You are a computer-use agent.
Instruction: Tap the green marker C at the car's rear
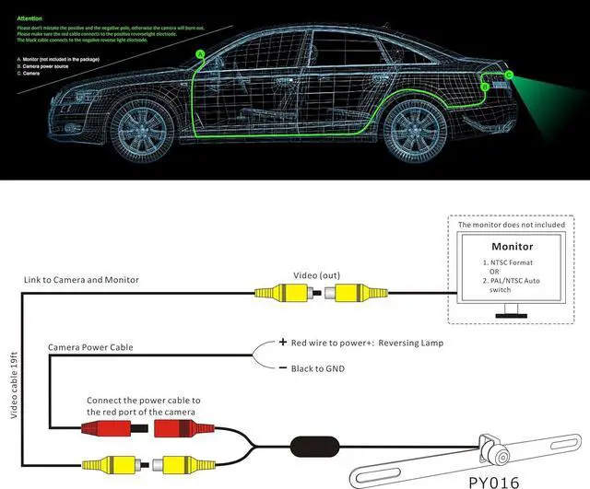(508, 74)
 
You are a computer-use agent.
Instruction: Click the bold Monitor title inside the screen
(512, 247)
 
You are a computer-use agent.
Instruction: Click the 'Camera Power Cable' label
(90, 347)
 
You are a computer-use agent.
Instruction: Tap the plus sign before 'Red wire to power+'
(282, 343)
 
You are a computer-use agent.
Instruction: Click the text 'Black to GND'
(321, 367)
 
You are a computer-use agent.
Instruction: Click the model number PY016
(493, 481)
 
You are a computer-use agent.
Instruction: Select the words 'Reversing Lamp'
(408, 343)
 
